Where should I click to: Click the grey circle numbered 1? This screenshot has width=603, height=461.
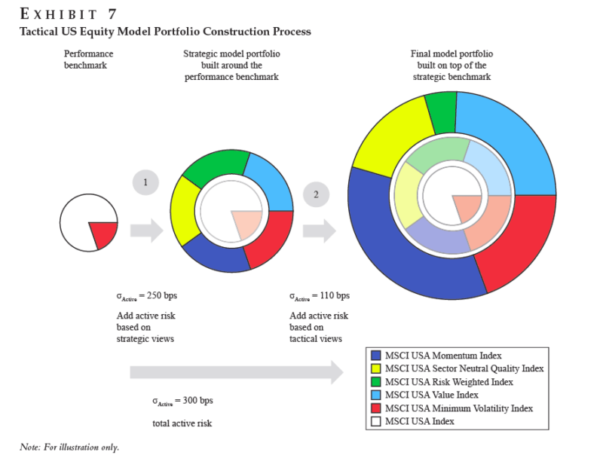pyautogui.click(x=146, y=182)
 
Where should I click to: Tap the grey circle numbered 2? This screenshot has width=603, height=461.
pyautogui.click(x=317, y=195)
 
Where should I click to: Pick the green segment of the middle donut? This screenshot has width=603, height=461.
pyautogui.click(x=218, y=166)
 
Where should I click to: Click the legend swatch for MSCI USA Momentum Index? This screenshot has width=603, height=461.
pyautogui.click(x=376, y=355)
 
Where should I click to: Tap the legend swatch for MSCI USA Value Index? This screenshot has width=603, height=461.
pyautogui.click(x=376, y=395)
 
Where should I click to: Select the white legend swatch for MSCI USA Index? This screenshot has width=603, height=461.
pyautogui.click(x=376, y=421)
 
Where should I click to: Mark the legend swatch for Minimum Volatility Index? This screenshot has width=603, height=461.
pyautogui.click(x=376, y=408)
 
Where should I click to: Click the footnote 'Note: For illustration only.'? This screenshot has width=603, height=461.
pyautogui.click(x=69, y=447)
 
